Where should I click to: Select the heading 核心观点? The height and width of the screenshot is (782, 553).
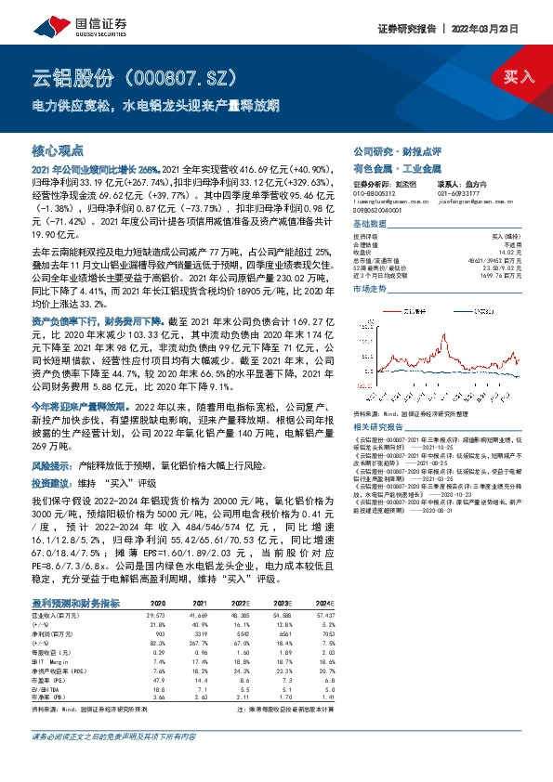click(x=58, y=150)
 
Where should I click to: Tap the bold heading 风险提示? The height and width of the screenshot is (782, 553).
click(x=54, y=462)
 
